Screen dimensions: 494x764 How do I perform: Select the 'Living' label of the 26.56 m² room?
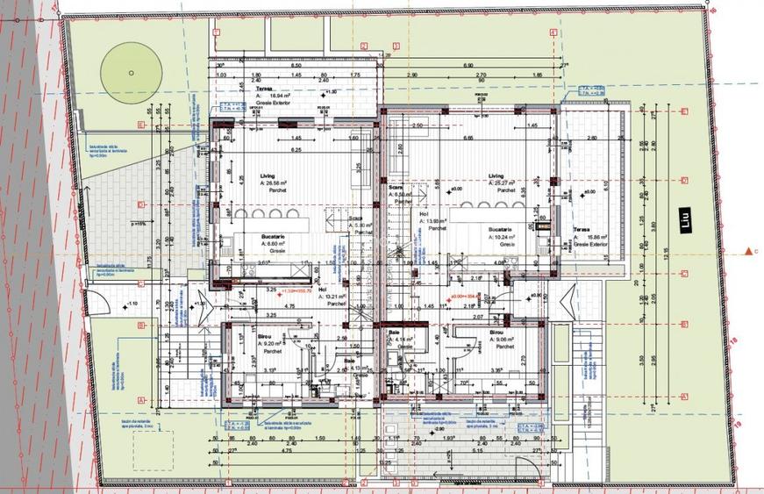click(x=267, y=176)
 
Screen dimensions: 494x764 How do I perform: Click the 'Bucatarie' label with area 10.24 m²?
click(x=502, y=229)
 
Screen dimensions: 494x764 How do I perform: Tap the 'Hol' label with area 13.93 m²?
click(x=424, y=214)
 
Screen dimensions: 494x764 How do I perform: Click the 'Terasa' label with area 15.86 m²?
click(x=582, y=230)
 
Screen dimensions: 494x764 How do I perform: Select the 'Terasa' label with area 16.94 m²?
click(x=262, y=89)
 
